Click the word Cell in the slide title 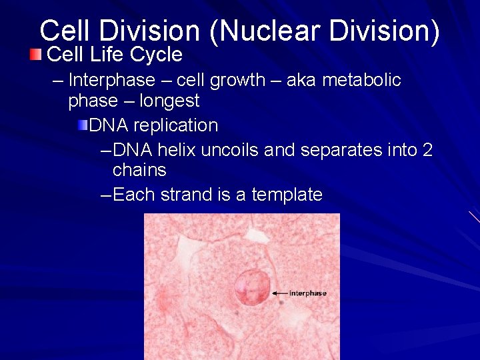(62, 31)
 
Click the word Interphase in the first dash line (111, 81)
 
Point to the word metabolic (361, 81)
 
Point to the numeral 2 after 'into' (427, 150)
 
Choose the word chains (139, 171)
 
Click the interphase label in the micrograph (308, 293)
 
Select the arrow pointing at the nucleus (279, 293)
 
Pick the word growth (237, 81)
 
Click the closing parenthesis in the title (434, 31)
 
